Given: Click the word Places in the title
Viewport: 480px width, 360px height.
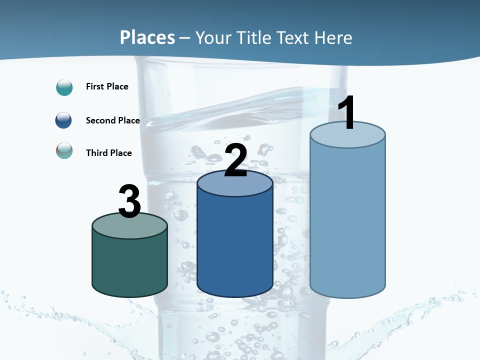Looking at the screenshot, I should point(147,37).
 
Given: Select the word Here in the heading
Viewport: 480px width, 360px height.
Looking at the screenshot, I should point(334,37).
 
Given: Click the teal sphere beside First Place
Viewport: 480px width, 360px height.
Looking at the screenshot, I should point(64,87).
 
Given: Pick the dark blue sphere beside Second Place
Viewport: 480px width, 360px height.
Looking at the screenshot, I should point(64,120).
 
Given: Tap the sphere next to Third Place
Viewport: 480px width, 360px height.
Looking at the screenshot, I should point(64,150).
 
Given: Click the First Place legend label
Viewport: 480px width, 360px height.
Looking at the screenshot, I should point(107,86).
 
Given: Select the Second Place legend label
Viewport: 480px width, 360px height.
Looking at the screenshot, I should point(112,120).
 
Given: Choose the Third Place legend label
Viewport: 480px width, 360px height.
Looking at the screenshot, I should point(109,153).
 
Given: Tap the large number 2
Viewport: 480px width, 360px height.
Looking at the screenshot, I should point(236,160).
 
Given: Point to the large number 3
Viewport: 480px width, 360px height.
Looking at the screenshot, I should point(130,201).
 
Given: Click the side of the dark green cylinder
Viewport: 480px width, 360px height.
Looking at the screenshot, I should point(130,265).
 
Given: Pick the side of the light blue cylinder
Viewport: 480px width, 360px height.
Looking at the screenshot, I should point(347,220).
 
